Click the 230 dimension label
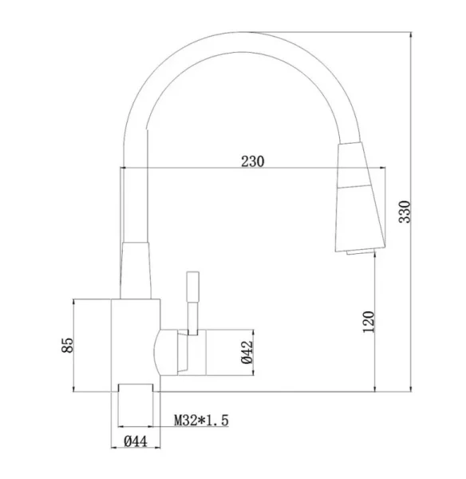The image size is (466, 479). (252, 161)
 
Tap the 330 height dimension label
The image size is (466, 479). (405, 212)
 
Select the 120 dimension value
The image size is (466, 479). (369, 322)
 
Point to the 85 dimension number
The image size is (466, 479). (68, 345)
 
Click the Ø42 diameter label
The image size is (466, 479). (247, 352)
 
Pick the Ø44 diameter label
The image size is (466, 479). (136, 441)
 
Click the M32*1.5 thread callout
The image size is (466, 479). (201, 421)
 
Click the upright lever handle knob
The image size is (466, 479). (193, 287)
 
